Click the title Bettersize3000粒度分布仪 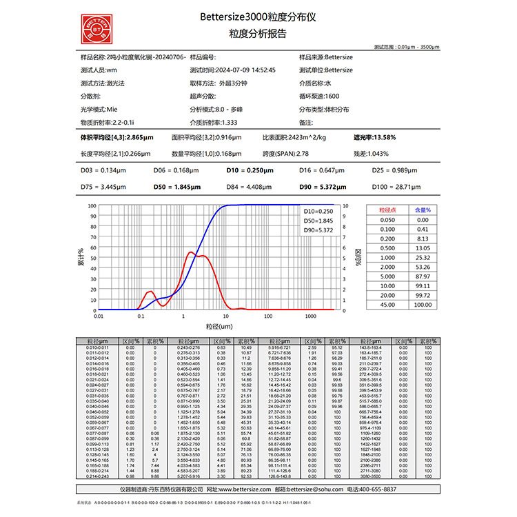click(x=257, y=16)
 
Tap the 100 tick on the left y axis click(x=92, y=205)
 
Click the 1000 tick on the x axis click(x=310, y=316)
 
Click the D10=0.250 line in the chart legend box click(x=318, y=211)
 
